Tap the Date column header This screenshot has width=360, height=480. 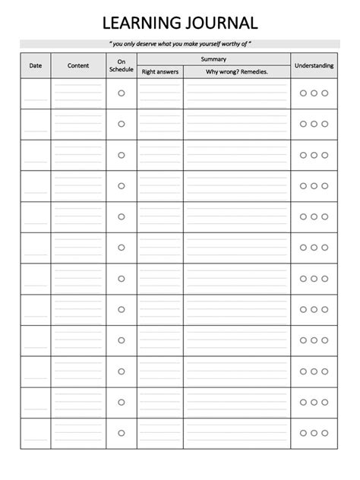pos(36,65)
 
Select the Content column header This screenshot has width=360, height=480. pos(78,65)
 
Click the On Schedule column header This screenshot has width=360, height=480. pos(121,65)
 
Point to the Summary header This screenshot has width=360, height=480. pos(213,58)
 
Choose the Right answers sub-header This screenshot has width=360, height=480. pos(159,72)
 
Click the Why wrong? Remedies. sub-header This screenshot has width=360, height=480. pos(237,72)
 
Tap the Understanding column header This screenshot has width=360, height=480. pos(314,65)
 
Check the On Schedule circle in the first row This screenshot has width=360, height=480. pos(121,93)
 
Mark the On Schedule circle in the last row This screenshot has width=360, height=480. pos(121,433)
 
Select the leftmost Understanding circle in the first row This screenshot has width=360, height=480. pos(302,93)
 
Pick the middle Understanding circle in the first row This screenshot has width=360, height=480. pos(314,93)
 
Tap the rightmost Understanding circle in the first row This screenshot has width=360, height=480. pos(325,93)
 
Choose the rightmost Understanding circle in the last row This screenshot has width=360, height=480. pos(325,433)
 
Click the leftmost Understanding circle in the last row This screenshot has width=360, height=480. pos(302,433)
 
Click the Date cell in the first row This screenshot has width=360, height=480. pos(36,93)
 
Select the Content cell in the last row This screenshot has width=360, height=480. pos(78,433)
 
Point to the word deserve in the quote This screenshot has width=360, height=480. pos(145,44)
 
